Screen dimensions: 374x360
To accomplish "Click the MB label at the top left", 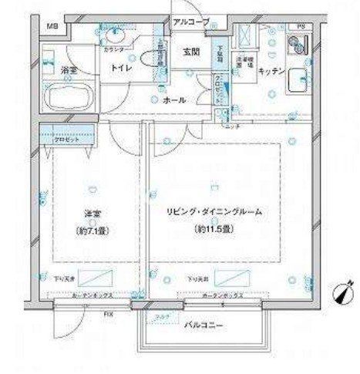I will pyautogui.click(x=52, y=28).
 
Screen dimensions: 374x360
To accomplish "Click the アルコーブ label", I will pyautogui.click(x=190, y=22).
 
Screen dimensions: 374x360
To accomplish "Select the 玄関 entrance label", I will pyautogui.click(x=191, y=52).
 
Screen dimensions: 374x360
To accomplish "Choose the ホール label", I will pyautogui.click(x=173, y=99).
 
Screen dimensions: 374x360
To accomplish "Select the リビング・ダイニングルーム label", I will pyautogui.click(x=214, y=213).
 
